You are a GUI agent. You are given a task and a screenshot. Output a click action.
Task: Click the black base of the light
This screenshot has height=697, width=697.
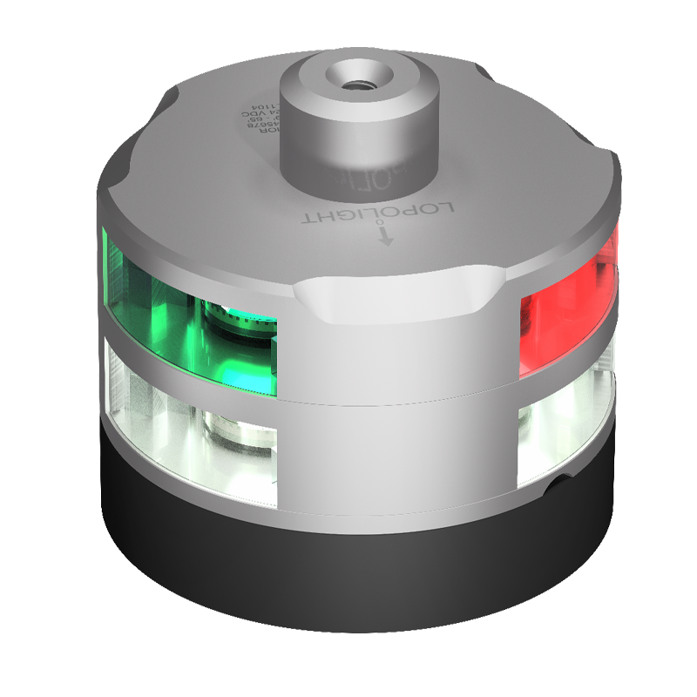coord(348,558)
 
